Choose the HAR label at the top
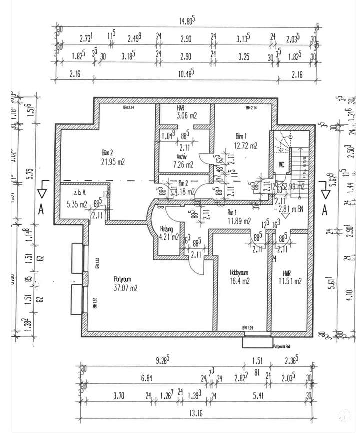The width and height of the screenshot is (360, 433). (181, 108)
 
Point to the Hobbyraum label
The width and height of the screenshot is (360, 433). (240, 273)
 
